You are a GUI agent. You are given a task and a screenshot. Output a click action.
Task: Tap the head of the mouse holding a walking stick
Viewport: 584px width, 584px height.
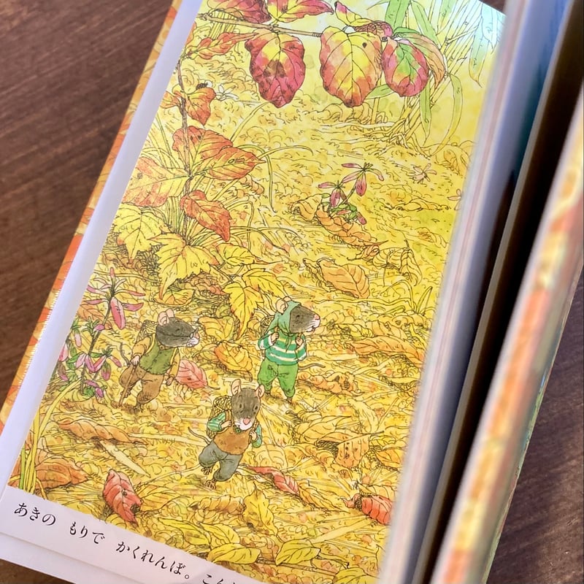tap(175, 333)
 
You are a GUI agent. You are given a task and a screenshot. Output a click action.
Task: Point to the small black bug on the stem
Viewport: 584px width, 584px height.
tap(199, 86)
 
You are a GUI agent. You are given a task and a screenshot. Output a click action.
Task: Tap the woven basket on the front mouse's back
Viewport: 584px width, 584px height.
tap(216, 423)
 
